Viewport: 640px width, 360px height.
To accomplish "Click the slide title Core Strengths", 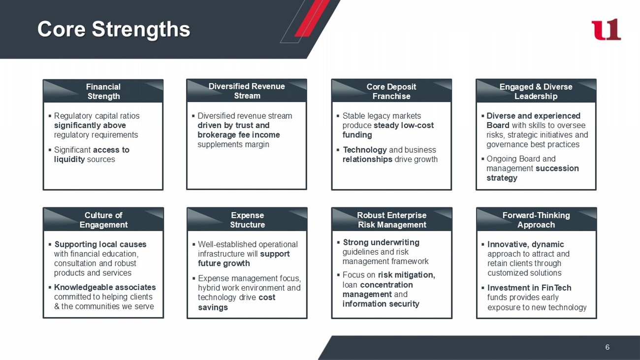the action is [114, 29].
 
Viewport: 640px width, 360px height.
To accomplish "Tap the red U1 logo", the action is [606, 30].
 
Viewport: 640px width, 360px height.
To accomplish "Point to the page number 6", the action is [607, 347].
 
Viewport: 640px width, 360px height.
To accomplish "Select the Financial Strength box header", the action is [103, 91].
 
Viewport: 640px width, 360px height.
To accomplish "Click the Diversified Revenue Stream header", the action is [247, 91].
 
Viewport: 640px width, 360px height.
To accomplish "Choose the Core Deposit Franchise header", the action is [391, 91].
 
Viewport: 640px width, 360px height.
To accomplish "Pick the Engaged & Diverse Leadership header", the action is [536, 91].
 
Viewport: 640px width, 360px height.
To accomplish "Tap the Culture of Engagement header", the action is [103, 220].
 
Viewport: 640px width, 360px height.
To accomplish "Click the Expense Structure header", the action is [247, 220].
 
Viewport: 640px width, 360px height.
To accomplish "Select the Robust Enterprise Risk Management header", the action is [392, 220].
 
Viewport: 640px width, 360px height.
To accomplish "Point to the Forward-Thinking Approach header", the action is [536, 220].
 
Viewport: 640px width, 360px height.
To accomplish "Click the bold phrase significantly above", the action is [90, 126].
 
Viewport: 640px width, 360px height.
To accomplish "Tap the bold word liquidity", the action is [69, 160].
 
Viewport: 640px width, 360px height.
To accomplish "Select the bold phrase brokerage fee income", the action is [239, 135].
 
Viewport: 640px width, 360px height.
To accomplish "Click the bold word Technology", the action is [365, 150].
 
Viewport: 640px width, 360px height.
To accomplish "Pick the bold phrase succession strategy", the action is [533, 173].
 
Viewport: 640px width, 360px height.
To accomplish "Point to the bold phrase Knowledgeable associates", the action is [105, 287].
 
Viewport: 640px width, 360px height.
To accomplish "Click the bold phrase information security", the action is [381, 304].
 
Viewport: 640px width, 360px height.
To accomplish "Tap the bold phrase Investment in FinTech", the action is [529, 288].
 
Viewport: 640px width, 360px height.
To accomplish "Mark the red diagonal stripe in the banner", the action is [312, 18].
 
